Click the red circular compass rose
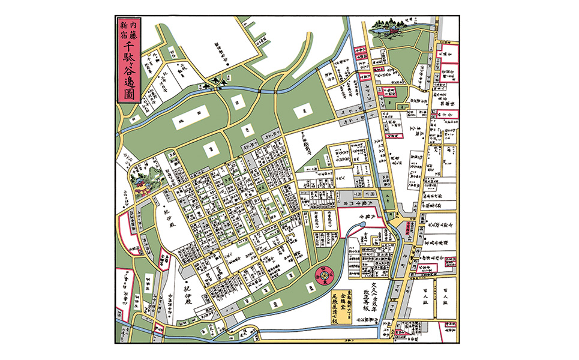[x=325, y=276]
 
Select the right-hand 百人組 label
[x=445, y=296]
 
